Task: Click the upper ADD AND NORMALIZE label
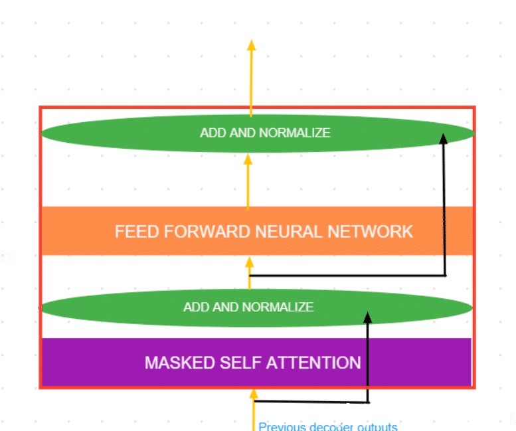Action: pos(265,133)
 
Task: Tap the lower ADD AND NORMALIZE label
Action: pos(248,307)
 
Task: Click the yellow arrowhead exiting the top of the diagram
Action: pos(251,45)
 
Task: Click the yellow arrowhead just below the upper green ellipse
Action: pos(248,159)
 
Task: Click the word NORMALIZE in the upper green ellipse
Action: pos(294,133)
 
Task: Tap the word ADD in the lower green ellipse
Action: pos(194,307)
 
